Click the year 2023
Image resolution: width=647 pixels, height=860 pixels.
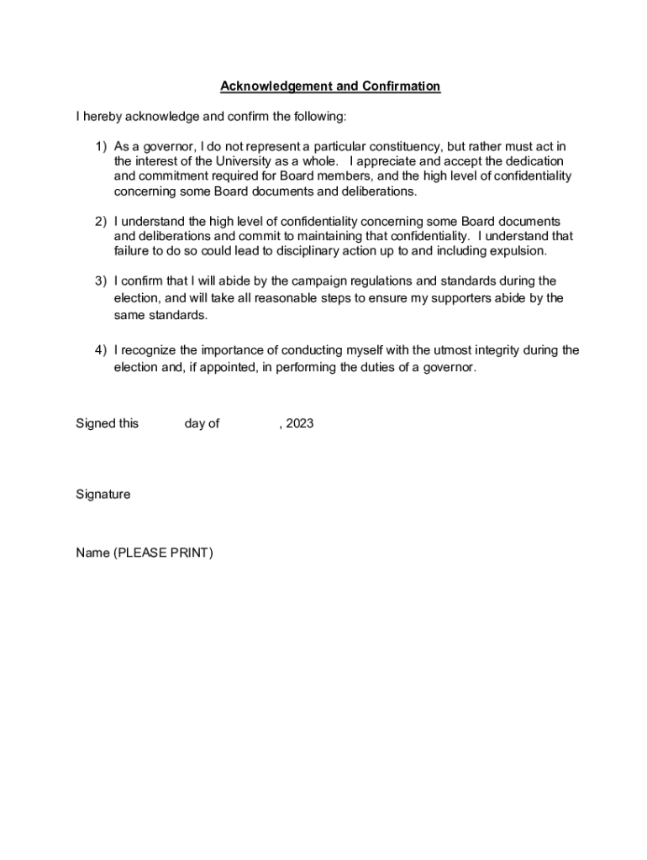(299, 423)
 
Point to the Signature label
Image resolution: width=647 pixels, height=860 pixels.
(103, 495)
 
